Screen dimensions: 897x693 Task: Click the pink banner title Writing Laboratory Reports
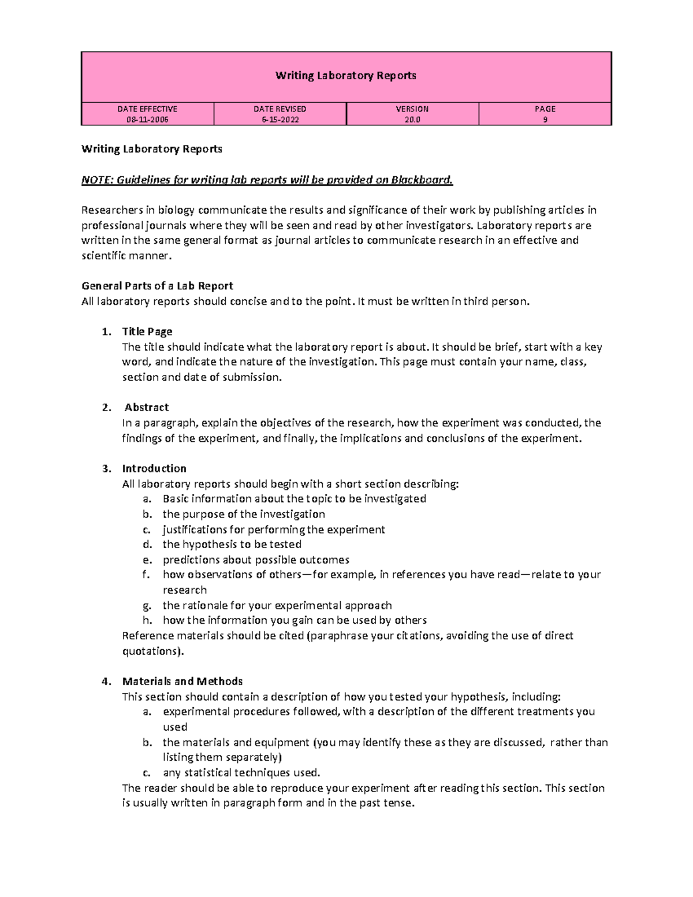(345, 76)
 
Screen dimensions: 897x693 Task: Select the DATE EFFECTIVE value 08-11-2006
(147, 120)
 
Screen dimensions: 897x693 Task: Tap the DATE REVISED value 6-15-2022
(280, 120)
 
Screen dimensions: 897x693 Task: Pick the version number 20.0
(412, 120)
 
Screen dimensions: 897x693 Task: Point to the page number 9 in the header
(545, 120)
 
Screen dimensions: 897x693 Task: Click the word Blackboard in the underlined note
(422, 180)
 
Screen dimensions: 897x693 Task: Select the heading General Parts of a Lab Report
(157, 286)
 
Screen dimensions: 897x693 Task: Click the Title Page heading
(147, 332)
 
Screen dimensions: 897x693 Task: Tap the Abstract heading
(147, 407)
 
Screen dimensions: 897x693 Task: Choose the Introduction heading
(154, 468)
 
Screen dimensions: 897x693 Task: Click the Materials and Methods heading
(182, 682)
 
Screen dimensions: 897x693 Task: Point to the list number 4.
(106, 682)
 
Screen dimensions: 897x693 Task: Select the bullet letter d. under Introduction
(147, 544)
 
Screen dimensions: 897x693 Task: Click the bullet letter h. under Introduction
(147, 620)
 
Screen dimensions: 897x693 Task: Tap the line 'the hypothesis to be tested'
(232, 544)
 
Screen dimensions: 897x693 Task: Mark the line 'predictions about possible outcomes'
(256, 560)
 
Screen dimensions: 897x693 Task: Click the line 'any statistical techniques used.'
(241, 773)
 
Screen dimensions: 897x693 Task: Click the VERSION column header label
(412, 109)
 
